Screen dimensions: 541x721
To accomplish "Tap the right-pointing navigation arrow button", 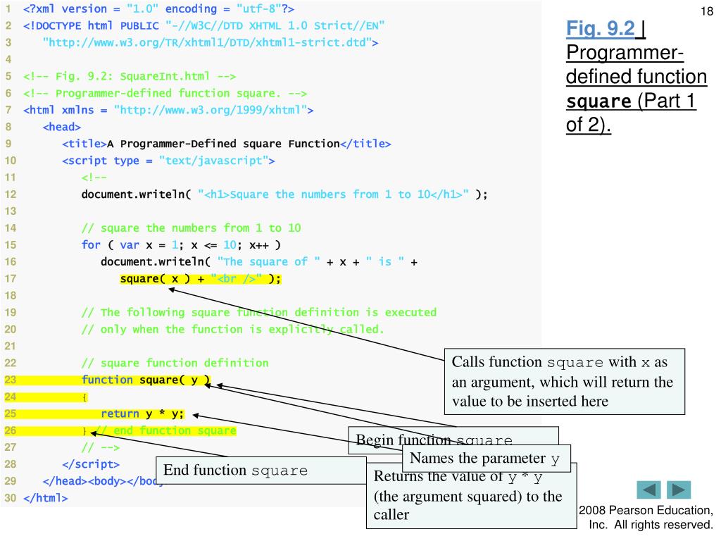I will tap(679, 490).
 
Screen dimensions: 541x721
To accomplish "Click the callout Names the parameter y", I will tap(485, 459).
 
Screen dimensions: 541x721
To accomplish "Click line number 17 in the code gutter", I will tap(10, 279).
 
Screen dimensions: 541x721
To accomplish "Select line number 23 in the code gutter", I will tap(10, 380).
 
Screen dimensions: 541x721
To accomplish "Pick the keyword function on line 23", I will tap(107, 380).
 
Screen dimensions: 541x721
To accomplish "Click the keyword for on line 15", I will tap(91, 245).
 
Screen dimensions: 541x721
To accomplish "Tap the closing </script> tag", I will tap(91, 465).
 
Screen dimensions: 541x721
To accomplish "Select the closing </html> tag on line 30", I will tap(46, 499).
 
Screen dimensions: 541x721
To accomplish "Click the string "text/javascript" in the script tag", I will tap(213, 161).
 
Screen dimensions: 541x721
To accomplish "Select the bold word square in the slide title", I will tap(598, 101).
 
